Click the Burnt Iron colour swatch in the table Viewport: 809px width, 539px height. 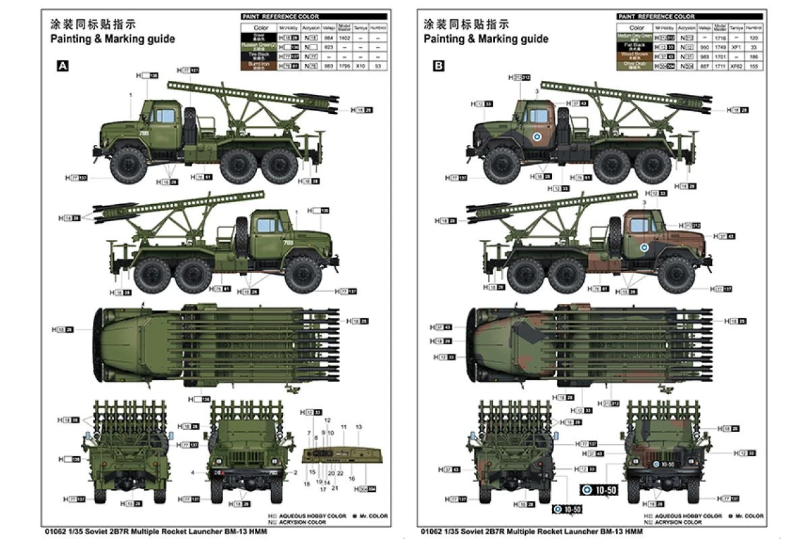tap(261, 66)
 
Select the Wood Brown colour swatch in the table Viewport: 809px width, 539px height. tap(637, 56)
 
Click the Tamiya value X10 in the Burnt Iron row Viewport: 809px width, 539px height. tap(361, 66)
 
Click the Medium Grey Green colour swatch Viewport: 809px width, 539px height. tap(637, 37)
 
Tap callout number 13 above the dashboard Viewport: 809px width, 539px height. tap(359, 427)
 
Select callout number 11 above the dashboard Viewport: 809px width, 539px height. tap(343, 427)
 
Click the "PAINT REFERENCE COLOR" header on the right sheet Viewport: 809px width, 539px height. tap(656, 16)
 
